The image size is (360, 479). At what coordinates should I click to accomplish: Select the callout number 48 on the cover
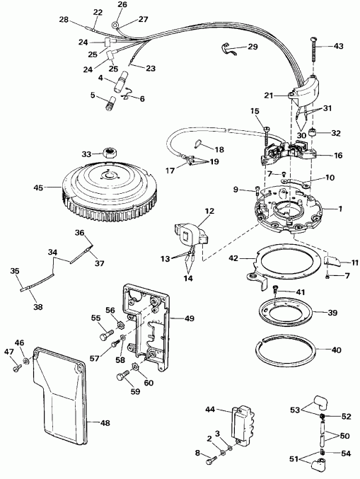(x=104, y=423)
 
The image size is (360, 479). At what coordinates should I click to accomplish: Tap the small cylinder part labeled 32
(x=318, y=132)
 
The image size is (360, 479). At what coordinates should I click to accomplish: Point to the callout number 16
(x=338, y=154)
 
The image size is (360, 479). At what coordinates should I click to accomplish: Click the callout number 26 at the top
(x=122, y=5)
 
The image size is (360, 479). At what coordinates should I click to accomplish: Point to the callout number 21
(x=269, y=95)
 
